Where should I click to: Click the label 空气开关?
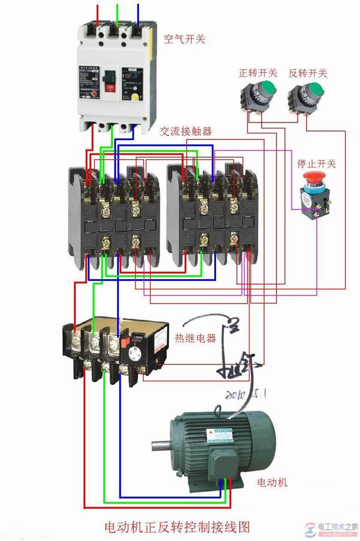click(185, 39)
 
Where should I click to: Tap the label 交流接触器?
click(185, 131)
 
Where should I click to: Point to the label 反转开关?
click(308, 73)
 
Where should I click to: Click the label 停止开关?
click(317, 163)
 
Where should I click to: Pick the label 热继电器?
click(195, 338)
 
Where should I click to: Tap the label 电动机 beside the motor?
click(272, 482)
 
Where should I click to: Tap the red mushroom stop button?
click(312, 177)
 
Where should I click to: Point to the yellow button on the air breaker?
click(136, 95)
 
